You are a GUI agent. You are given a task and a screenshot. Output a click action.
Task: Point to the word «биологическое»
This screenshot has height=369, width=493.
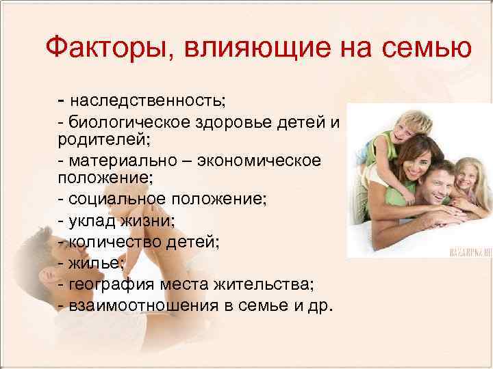tap(122, 122)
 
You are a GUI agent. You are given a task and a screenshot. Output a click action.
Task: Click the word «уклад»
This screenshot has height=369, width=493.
tap(90, 220)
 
